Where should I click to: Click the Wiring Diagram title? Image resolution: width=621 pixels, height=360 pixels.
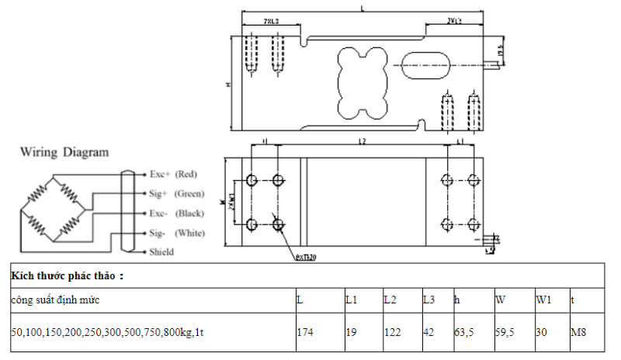[64, 152]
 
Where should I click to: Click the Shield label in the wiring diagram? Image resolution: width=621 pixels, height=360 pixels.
[161, 252]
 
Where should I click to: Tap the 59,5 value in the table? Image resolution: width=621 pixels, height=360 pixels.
[505, 331]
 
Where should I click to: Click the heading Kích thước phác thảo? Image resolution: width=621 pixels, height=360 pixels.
[68, 275]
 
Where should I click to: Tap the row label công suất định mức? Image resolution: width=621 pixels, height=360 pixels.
[55, 299]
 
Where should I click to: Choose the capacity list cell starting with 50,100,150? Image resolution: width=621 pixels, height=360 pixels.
[108, 331]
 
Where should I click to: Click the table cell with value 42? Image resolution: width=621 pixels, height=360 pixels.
[428, 331]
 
